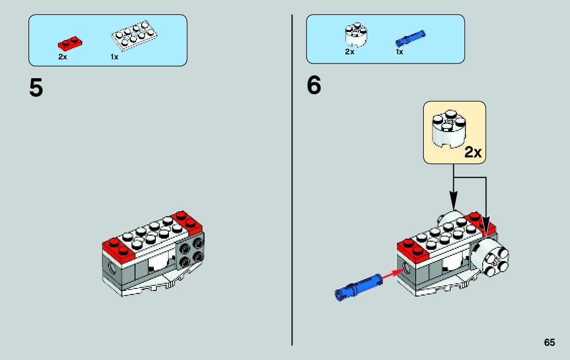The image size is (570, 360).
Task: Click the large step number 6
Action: tap(314, 86)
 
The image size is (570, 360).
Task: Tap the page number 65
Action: tap(549, 343)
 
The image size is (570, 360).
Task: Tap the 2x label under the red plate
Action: tap(62, 57)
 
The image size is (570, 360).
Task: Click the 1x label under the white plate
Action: tap(114, 57)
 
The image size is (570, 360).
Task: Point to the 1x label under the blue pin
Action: tap(399, 52)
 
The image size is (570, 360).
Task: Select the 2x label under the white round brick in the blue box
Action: tap(350, 52)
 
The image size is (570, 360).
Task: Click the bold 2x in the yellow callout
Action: tap(473, 152)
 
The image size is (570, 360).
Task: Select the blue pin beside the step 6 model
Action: tap(358, 286)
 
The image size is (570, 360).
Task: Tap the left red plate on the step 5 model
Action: tap(117, 247)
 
